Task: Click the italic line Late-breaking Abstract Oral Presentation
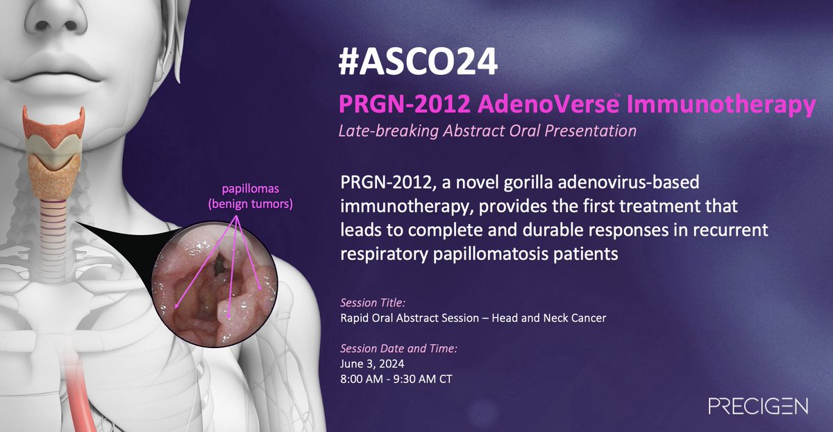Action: coord(487,130)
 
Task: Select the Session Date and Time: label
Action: coord(398,347)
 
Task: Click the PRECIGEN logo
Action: coord(757,406)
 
